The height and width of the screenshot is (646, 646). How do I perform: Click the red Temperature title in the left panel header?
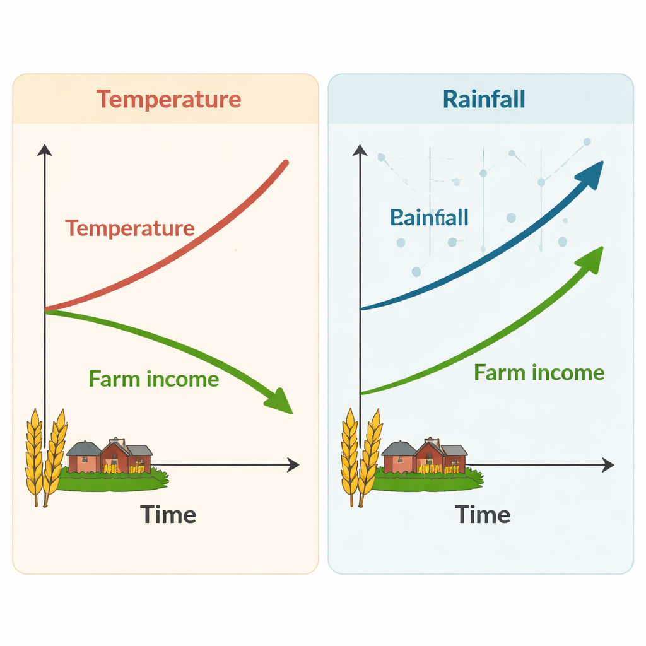[x=168, y=100]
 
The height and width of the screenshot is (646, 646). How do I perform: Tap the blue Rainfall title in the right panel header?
[x=484, y=100]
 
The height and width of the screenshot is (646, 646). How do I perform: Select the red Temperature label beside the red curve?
[x=129, y=228]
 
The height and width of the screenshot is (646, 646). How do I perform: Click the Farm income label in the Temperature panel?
[x=154, y=379]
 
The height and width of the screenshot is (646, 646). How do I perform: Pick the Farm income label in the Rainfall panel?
[x=539, y=372]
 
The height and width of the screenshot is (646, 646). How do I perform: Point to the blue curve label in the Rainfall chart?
[x=429, y=218]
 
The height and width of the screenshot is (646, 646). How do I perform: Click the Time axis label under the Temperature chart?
[x=168, y=515]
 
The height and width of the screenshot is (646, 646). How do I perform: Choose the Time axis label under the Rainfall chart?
[x=483, y=515]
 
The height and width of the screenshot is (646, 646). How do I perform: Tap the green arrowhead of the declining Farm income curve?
[x=279, y=401]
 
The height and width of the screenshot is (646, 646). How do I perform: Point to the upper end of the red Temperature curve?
[x=285, y=163]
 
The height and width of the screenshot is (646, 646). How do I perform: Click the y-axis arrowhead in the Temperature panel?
[x=44, y=150]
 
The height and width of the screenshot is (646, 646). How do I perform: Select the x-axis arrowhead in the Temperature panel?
[x=293, y=466]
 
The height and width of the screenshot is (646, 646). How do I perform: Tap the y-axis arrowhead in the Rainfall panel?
[x=360, y=150]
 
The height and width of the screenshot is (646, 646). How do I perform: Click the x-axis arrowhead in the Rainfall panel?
[x=608, y=466]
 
